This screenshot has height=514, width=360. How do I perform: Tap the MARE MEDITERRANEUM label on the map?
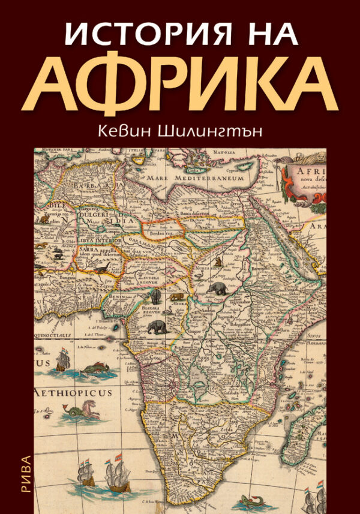click(x=208, y=178)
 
